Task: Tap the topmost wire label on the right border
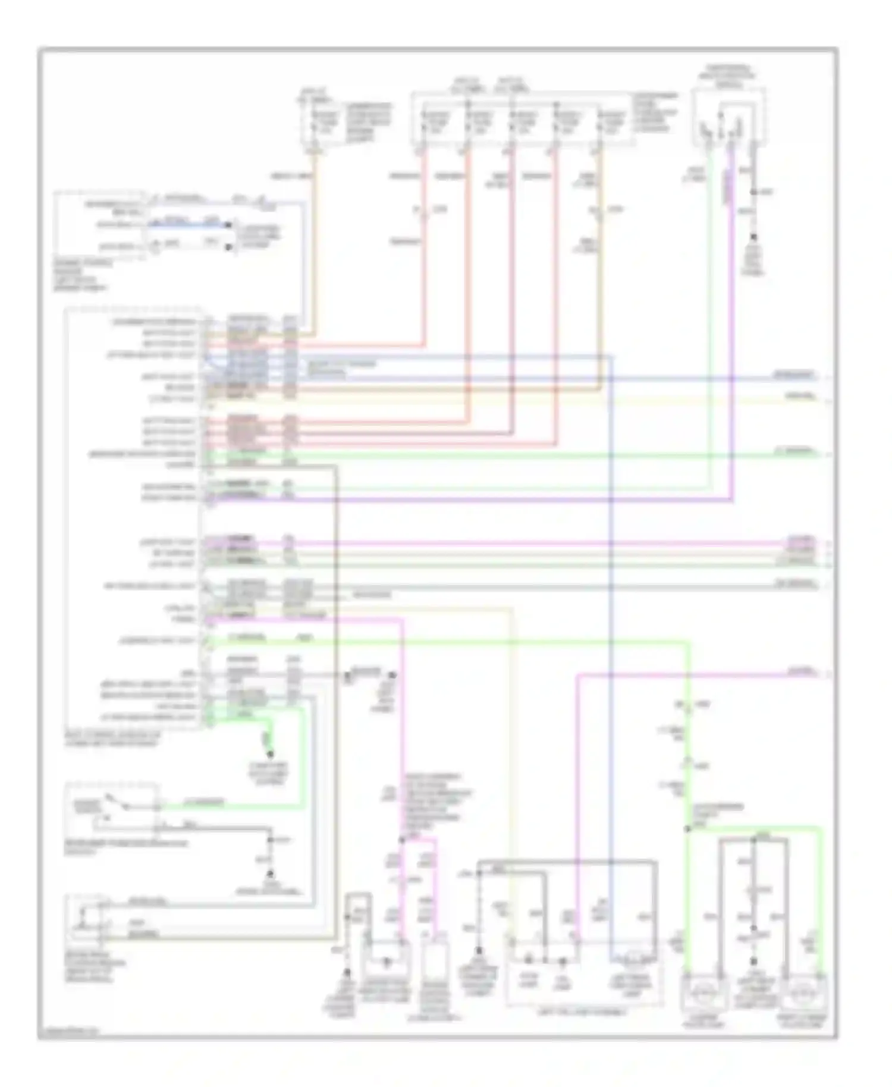[793, 375]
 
